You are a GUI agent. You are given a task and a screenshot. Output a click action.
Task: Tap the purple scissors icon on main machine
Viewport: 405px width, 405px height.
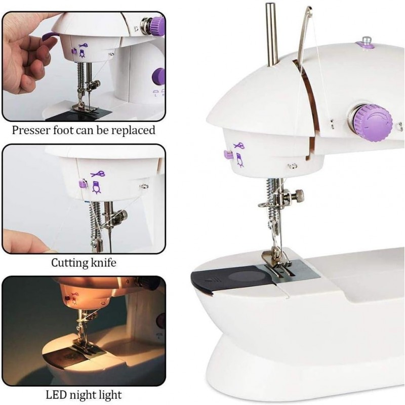pyautogui.click(x=239, y=146)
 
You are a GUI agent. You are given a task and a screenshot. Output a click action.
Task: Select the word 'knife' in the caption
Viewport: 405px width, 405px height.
pyautogui.click(x=103, y=263)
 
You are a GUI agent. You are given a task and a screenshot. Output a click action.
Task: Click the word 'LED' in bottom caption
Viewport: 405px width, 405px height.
pyautogui.click(x=57, y=394)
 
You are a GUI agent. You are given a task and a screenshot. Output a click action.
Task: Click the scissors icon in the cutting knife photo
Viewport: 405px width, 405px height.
pyautogui.click(x=97, y=174)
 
